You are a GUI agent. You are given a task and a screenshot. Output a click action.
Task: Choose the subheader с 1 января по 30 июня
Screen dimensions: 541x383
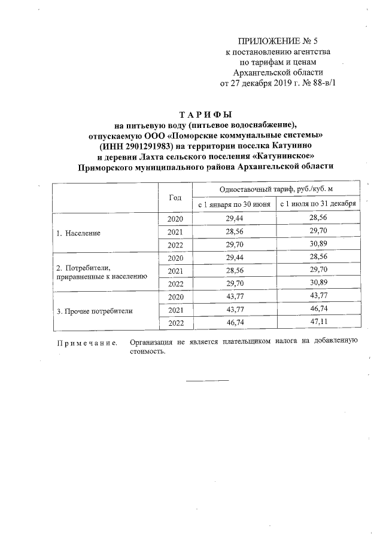(x=234, y=204)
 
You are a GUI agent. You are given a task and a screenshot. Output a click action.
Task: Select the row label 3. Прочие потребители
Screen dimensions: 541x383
(x=94, y=311)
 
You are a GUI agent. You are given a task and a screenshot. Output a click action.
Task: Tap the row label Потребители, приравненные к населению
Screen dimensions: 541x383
(x=101, y=272)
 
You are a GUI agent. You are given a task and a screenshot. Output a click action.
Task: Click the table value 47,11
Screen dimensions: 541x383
(x=318, y=323)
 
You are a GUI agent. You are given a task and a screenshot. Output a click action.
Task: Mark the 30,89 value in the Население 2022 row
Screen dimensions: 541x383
(x=318, y=245)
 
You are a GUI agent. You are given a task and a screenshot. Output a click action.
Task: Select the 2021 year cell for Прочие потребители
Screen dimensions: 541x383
(x=175, y=311)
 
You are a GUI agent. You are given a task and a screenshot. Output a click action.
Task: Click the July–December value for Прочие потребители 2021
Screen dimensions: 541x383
(x=318, y=311)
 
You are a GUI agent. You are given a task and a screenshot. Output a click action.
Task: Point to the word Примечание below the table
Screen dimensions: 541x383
(x=83, y=343)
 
